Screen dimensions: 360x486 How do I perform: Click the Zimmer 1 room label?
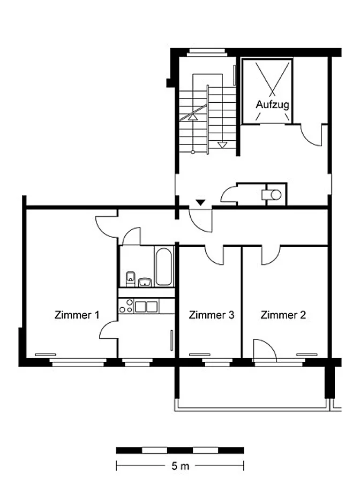pos(77,315)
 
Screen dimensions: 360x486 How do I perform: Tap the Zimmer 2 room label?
pos(283,315)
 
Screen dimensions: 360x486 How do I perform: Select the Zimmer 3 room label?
pos(212,315)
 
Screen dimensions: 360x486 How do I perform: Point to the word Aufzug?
pos(272,104)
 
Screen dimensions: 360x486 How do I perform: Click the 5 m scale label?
pos(180,466)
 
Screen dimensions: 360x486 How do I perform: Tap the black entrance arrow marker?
pos(201,203)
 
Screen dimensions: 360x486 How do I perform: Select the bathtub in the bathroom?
pos(163,266)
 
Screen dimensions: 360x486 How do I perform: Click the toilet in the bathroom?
pos(130,278)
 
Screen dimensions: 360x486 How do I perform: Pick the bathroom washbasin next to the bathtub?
pos(145,282)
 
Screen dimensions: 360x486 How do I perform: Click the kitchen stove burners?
pos(126,306)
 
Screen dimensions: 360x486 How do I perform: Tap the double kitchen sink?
pos(146,307)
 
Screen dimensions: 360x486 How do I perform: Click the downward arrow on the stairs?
pos(222,145)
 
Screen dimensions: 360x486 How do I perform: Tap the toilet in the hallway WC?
pos(272,195)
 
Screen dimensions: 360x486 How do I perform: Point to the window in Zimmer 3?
pos(217,363)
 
